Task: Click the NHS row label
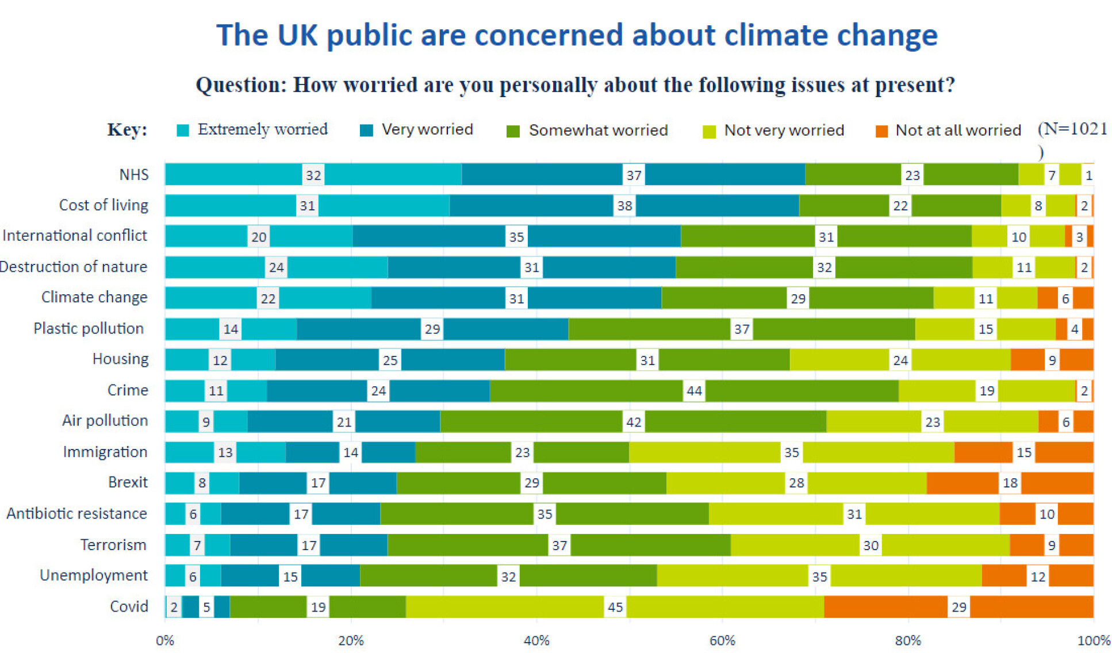133,175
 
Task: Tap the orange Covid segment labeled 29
958,607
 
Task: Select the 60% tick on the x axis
722,640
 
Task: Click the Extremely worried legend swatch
183,130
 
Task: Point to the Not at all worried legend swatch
881,132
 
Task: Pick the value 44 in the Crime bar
694,391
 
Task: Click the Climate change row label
94,297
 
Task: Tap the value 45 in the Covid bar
615,607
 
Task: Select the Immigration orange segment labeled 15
1023,452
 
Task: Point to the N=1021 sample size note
1072,129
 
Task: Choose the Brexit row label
128,482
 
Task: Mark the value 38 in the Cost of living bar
624,206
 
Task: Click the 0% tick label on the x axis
165,640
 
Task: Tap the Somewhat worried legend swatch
513,132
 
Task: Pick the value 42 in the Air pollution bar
634,422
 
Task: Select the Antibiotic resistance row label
76,513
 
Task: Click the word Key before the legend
127,130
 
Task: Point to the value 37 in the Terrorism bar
559,545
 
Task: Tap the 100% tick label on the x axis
1093,640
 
